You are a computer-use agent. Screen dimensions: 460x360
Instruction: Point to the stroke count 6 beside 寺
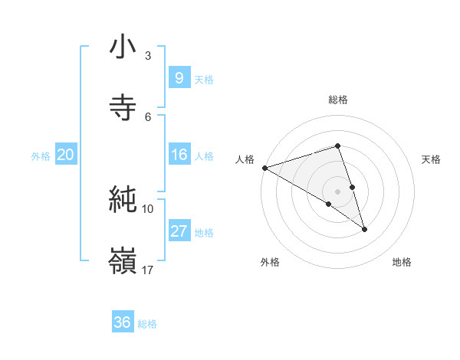point(148,116)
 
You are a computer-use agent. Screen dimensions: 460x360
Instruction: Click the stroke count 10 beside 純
point(148,208)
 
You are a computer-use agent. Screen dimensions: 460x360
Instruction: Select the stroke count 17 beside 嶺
point(148,270)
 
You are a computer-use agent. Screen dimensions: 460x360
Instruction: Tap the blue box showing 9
point(179,78)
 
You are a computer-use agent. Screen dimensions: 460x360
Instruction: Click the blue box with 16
point(179,155)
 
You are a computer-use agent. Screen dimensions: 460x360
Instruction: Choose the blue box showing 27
point(179,231)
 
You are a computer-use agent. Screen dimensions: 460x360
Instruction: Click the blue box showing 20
point(65,155)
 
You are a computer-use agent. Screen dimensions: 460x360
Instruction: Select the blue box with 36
point(122,323)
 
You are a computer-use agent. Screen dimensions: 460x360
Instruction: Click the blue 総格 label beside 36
point(147,324)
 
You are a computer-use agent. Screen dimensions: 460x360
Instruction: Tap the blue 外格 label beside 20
point(41,155)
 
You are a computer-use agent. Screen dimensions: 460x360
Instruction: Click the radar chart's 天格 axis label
point(432,159)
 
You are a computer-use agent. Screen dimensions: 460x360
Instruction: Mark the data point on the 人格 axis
point(264,168)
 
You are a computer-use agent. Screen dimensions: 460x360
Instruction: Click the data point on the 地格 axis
point(364,229)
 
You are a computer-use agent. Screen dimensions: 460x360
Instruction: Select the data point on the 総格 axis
point(337,146)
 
